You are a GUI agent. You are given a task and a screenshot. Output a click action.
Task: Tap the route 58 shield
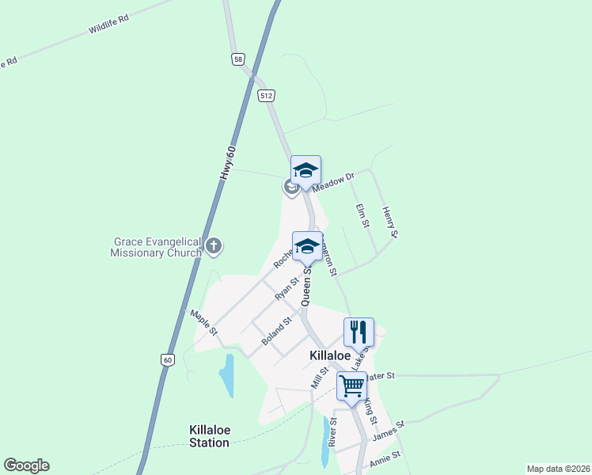tap(238, 59)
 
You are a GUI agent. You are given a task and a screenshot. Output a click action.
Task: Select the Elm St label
tap(362, 215)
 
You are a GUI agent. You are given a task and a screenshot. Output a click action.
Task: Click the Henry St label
tap(389, 222)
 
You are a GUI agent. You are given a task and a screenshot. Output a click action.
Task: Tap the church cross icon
tap(213, 246)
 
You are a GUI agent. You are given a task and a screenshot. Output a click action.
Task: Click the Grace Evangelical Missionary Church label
tap(157, 247)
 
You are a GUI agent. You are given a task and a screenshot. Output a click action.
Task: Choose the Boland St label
tap(277, 332)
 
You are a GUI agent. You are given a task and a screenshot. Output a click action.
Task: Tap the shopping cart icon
tap(351, 386)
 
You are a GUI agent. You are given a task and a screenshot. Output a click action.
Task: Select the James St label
tap(388, 431)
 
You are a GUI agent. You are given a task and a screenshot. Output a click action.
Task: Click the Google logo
tap(26, 465)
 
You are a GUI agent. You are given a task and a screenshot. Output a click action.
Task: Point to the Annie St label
tap(386, 459)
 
